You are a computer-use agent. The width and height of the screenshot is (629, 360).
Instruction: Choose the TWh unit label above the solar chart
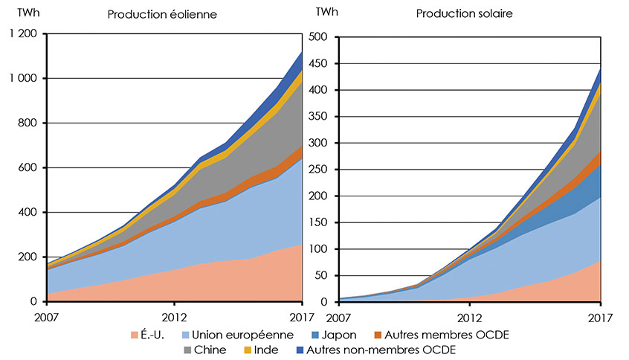point(325,12)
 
